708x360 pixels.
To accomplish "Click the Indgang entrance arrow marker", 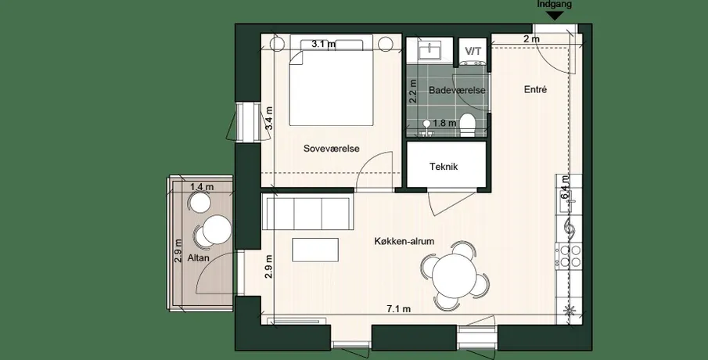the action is pyautogui.click(x=555, y=16).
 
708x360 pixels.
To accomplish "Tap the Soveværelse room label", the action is pyautogui.click(x=332, y=149).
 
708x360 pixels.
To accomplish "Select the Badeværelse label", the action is pyautogui.click(x=457, y=90).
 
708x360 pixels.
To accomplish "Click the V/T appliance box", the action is pyautogui.click(x=473, y=51).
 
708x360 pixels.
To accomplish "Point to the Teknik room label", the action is pyautogui.click(x=444, y=167).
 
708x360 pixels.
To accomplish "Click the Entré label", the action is pyautogui.click(x=536, y=89).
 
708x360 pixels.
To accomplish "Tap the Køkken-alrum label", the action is pyautogui.click(x=404, y=241).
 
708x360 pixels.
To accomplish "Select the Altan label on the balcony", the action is pyautogui.click(x=198, y=258).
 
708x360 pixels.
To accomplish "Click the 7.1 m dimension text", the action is pyautogui.click(x=399, y=309).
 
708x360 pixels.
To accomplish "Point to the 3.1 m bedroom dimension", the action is pyautogui.click(x=324, y=45).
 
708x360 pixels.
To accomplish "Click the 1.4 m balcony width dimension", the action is pyautogui.click(x=202, y=186).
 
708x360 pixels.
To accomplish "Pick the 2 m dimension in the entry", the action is pyautogui.click(x=531, y=39).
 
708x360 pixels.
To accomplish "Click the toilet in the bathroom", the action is pyautogui.click(x=469, y=124).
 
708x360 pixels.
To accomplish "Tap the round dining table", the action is pyautogui.click(x=454, y=276).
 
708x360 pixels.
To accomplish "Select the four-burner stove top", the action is pyautogui.click(x=570, y=257).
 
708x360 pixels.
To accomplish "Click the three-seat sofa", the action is pyautogui.click(x=309, y=214).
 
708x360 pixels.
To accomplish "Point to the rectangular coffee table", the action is pyautogui.click(x=315, y=250).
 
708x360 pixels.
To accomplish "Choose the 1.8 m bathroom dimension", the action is pyautogui.click(x=445, y=122).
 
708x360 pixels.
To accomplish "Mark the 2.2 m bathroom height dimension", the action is pyautogui.click(x=412, y=92).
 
